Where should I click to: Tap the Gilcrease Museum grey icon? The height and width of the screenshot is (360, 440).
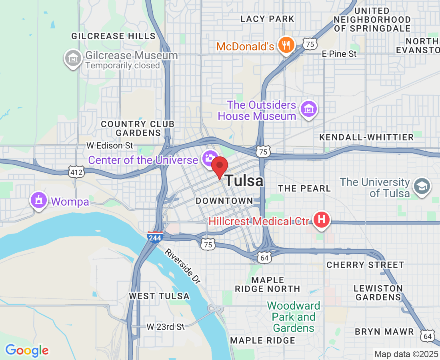(x=73, y=58)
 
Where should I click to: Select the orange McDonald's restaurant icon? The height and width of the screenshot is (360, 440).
(x=286, y=45)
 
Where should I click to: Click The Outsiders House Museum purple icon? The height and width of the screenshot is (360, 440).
(x=309, y=109)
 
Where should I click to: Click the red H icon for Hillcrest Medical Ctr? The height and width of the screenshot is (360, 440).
(x=321, y=220)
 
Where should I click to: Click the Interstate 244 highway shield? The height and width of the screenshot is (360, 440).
(x=155, y=238)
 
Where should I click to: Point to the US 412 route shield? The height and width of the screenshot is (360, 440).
(x=75, y=172)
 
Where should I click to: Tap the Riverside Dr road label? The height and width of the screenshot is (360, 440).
(x=182, y=266)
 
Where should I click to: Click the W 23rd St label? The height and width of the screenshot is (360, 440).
(x=165, y=327)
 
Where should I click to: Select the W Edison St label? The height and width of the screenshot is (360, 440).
(x=110, y=146)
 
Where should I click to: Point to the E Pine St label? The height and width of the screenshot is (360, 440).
(x=340, y=54)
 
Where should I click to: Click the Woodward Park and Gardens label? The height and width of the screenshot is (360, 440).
(x=294, y=317)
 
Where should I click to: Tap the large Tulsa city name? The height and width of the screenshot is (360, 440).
(x=244, y=181)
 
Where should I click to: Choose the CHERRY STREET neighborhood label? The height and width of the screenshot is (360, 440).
(x=365, y=265)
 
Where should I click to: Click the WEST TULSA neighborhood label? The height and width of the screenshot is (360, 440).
(x=159, y=296)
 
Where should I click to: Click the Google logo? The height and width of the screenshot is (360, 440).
(x=27, y=350)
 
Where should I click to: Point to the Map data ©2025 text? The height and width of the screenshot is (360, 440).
(x=406, y=354)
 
